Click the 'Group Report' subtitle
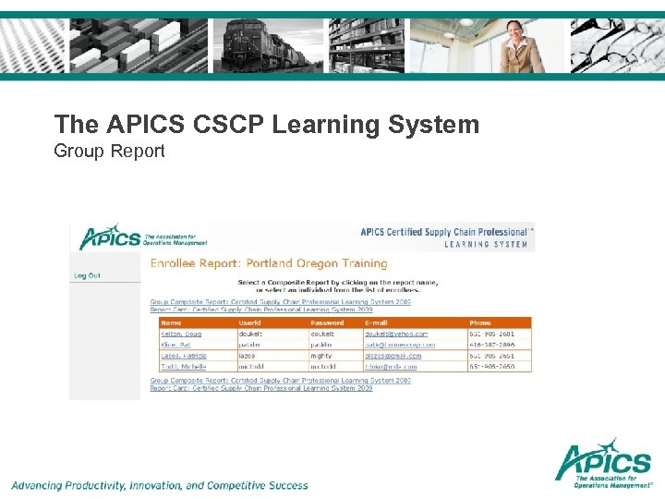(109, 150)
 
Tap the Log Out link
(87, 275)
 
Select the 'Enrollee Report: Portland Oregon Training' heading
(269, 263)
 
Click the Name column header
(171, 323)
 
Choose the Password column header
(327, 323)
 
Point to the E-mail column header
(376, 323)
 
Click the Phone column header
(481, 323)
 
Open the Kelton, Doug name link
(181, 334)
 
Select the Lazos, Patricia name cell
(184, 356)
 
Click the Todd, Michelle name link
(183, 367)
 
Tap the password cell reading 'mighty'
(322, 356)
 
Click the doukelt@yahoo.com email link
(396, 334)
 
